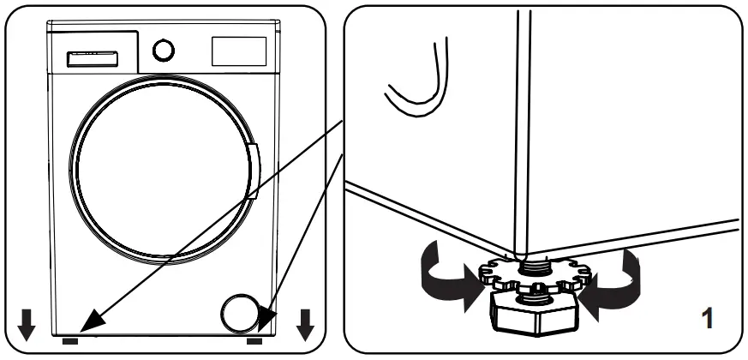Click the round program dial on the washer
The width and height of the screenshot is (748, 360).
coord(162,51)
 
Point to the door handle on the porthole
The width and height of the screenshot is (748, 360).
coord(254,171)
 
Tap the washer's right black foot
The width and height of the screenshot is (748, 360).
coord(254,340)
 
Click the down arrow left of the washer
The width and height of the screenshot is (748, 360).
coord(28,322)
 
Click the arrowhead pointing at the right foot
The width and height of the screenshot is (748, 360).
coord(266,322)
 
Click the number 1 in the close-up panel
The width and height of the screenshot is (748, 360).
coord(708,321)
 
